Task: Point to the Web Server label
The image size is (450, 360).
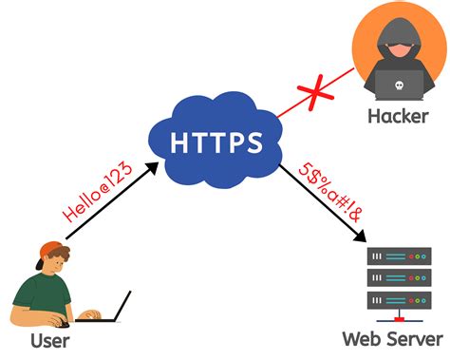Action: click(393, 338)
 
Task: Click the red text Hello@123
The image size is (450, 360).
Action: click(94, 201)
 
